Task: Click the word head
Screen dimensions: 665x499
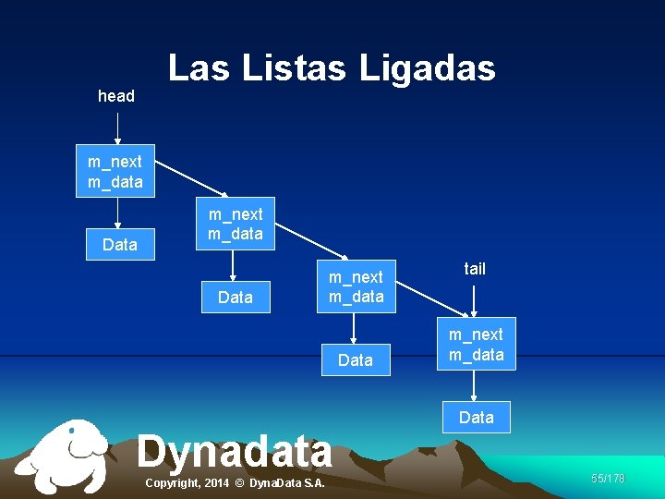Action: click(116, 96)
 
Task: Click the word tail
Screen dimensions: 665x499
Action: click(475, 269)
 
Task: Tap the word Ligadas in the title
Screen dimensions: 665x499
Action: click(427, 68)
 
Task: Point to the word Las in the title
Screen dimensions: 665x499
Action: click(198, 68)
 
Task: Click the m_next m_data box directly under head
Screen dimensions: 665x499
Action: click(115, 172)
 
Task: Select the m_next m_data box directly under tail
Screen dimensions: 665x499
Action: click(477, 345)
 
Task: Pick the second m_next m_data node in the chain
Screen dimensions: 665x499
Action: click(235, 225)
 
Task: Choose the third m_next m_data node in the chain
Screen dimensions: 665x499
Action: click(356, 286)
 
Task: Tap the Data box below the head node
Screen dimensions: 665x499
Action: click(120, 245)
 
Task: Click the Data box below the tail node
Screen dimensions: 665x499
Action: click(477, 418)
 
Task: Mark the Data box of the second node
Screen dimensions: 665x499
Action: click(236, 298)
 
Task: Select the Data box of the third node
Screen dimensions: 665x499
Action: click(356, 360)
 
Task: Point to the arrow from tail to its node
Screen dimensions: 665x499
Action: click(474, 301)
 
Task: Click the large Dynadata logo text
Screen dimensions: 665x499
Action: click(235, 452)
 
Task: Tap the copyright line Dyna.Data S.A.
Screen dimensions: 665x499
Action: click(236, 484)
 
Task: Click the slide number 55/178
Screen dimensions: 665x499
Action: click(608, 478)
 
